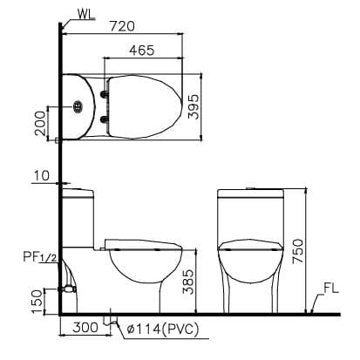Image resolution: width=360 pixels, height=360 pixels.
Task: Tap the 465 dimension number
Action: [x=143, y=51]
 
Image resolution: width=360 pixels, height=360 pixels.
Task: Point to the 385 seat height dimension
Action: [x=189, y=280]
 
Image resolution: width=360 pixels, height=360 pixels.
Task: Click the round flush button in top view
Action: [x=79, y=107]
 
